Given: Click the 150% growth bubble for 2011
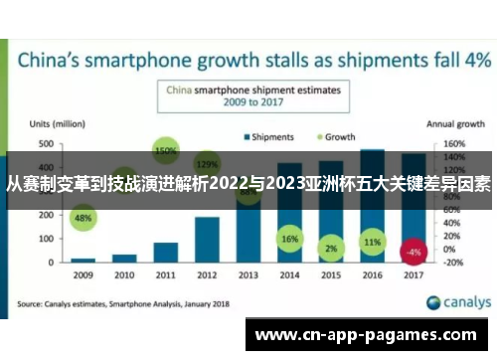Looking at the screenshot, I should [166, 150].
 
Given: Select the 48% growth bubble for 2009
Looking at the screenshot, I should [84, 217].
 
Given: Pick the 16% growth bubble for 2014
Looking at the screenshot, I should [289, 240].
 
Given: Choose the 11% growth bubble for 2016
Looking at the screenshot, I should [372, 242].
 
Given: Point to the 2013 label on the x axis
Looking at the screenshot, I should [248, 273].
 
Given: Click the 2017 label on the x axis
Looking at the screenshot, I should [413, 273].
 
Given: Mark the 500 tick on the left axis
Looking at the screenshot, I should [46, 144].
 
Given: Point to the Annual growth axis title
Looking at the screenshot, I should [455, 124].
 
